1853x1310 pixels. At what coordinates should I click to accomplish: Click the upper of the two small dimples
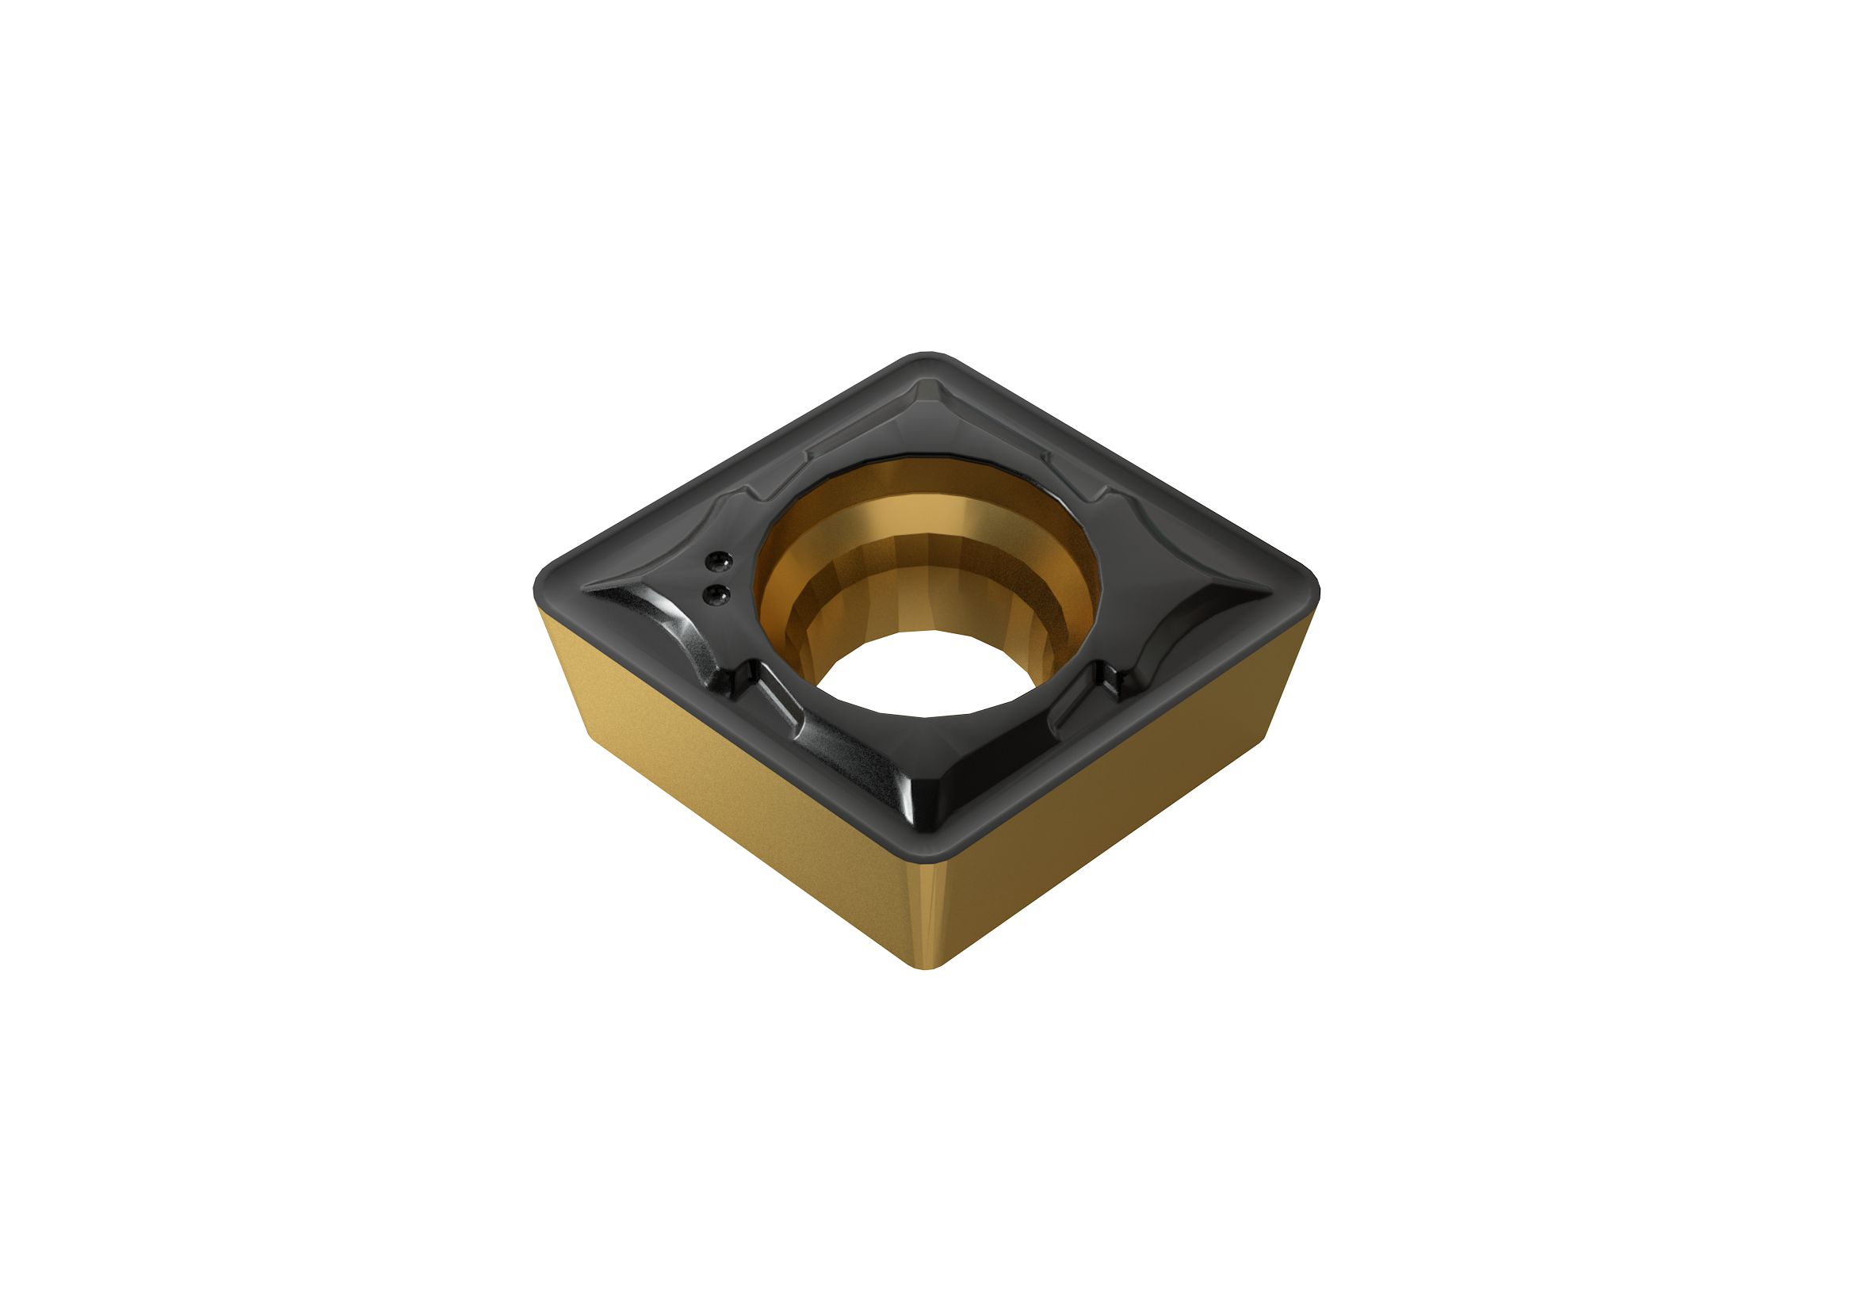click(x=716, y=560)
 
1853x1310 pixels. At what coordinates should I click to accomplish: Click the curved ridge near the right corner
click(x=1186, y=613)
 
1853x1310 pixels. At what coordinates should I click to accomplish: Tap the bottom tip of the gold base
click(x=930, y=964)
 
